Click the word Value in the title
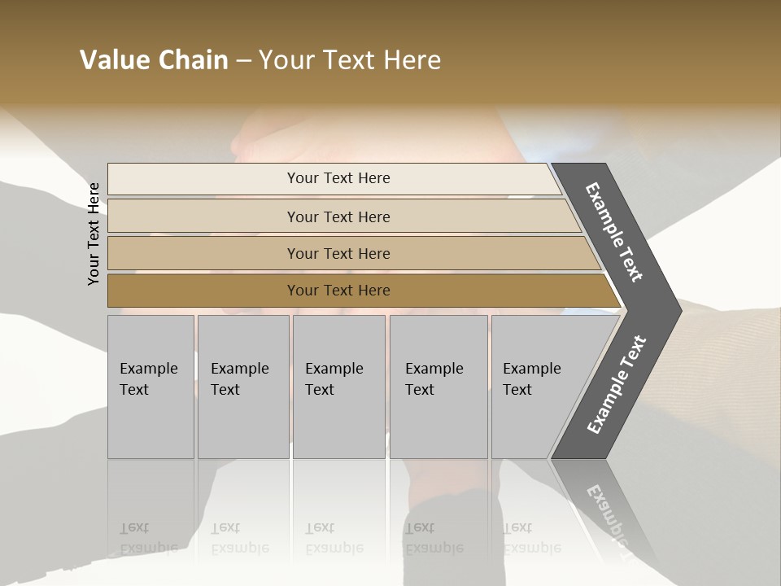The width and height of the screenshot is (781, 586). [x=114, y=60]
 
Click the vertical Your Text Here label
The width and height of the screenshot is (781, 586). [x=94, y=234]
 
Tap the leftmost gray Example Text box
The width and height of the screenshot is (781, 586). [x=151, y=387]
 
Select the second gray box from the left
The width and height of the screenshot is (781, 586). [x=243, y=387]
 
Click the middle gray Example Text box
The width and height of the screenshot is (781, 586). [x=338, y=387]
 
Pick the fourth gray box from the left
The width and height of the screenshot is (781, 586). [x=438, y=387]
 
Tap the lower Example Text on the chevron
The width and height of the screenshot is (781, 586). [x=617, y=385]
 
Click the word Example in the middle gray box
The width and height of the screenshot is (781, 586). [x=334, y=369]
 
